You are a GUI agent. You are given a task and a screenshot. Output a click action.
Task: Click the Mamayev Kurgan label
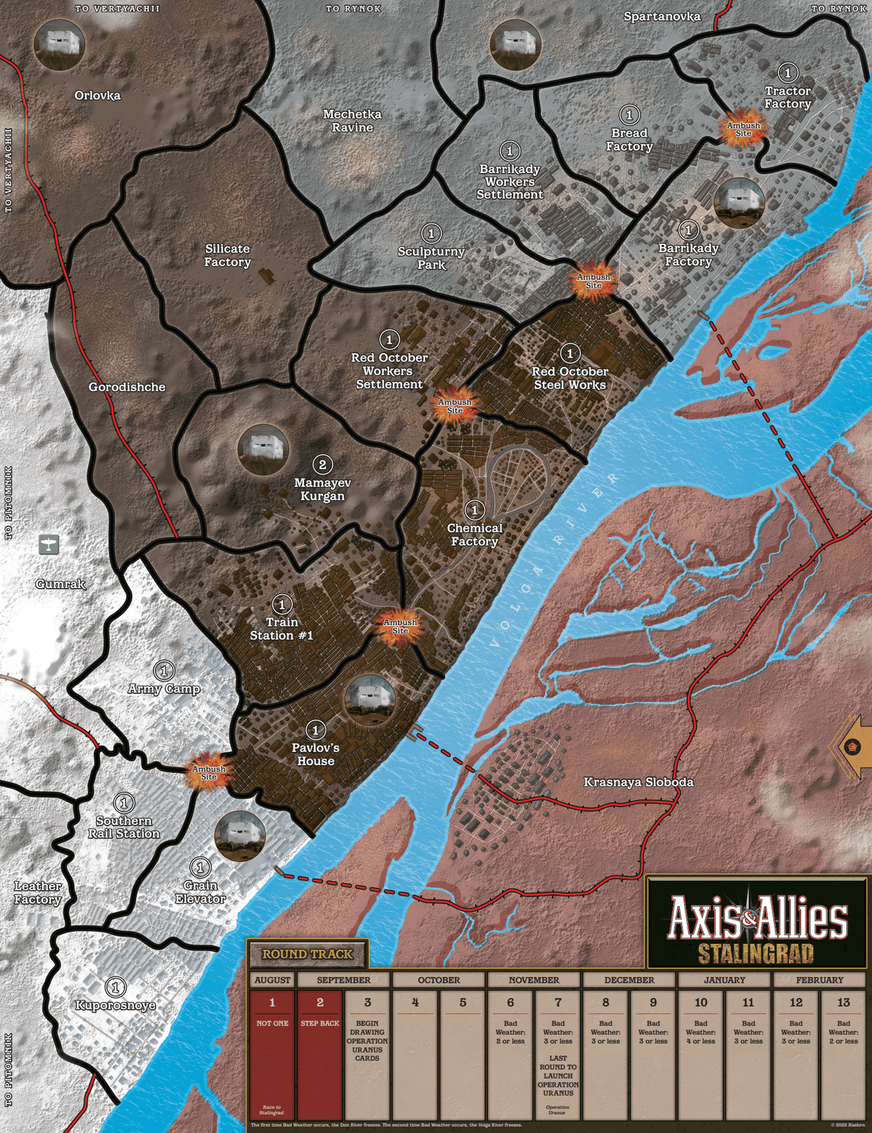322,490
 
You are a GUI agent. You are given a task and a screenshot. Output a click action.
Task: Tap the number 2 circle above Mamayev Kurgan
322,465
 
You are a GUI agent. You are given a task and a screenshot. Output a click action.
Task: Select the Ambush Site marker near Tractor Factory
743,129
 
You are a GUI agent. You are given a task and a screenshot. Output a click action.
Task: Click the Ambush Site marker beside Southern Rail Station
208,772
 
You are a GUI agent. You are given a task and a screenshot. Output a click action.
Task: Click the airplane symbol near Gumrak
48,544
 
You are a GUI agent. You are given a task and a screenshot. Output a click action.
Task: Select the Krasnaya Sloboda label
638,782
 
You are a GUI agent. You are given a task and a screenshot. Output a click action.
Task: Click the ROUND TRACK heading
307,954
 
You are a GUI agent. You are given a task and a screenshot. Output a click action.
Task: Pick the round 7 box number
558,1002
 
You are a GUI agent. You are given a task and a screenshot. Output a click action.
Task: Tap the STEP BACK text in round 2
320,1023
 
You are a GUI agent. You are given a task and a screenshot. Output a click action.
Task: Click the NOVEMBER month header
533,980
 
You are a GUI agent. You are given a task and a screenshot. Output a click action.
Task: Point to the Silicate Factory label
228,255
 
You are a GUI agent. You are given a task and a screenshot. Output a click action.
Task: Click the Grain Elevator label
200,892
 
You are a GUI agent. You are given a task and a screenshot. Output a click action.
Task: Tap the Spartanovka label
661,16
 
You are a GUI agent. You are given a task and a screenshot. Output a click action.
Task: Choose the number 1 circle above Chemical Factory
475,509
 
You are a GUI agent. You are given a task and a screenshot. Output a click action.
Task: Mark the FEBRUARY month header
820,980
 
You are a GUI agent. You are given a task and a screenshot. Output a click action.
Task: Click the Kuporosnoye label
115,1005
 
